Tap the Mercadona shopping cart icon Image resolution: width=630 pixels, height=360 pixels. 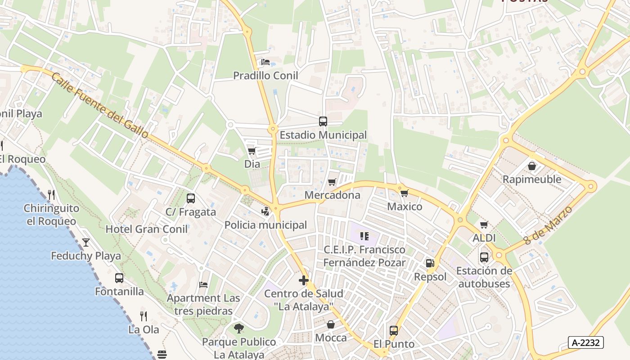coord(332,182)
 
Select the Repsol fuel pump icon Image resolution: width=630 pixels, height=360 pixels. coord(430,263)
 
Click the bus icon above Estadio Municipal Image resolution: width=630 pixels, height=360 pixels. coord(323,121)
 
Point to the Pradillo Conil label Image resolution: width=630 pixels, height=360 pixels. coord(265,76)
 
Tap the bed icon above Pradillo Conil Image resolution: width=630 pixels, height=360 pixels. coord(265,62)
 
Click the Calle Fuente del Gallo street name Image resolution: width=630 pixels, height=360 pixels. coord(100,105)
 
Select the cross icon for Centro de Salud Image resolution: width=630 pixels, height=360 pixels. coord(304,280)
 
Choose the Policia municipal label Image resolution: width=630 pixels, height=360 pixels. coord(265,225)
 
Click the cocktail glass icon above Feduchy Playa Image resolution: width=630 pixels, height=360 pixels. coord(86,243)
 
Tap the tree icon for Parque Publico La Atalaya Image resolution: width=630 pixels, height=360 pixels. coord(239,328)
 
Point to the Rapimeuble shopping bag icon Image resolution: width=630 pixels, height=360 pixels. coord(532,166)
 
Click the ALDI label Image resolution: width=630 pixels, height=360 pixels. coord(484,238)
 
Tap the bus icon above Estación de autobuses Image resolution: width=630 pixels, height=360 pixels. coord(484,257)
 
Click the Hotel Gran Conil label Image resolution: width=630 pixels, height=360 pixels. coord(146,229)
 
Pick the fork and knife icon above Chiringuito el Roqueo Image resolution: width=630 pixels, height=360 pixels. coord(51,195)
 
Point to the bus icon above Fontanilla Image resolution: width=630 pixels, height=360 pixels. coord(119,278)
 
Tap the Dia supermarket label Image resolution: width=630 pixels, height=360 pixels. coord(252,164)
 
